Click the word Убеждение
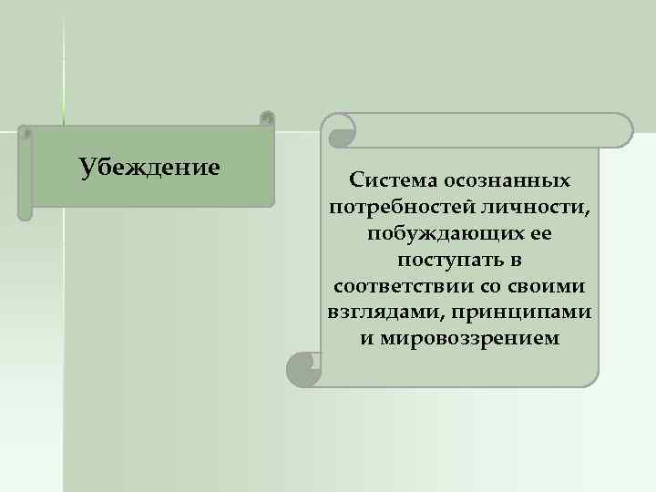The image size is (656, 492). point(149,168)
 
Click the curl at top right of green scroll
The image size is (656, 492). point(266,118)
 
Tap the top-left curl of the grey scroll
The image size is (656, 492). point(341,133)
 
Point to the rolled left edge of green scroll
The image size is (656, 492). point(26,173)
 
